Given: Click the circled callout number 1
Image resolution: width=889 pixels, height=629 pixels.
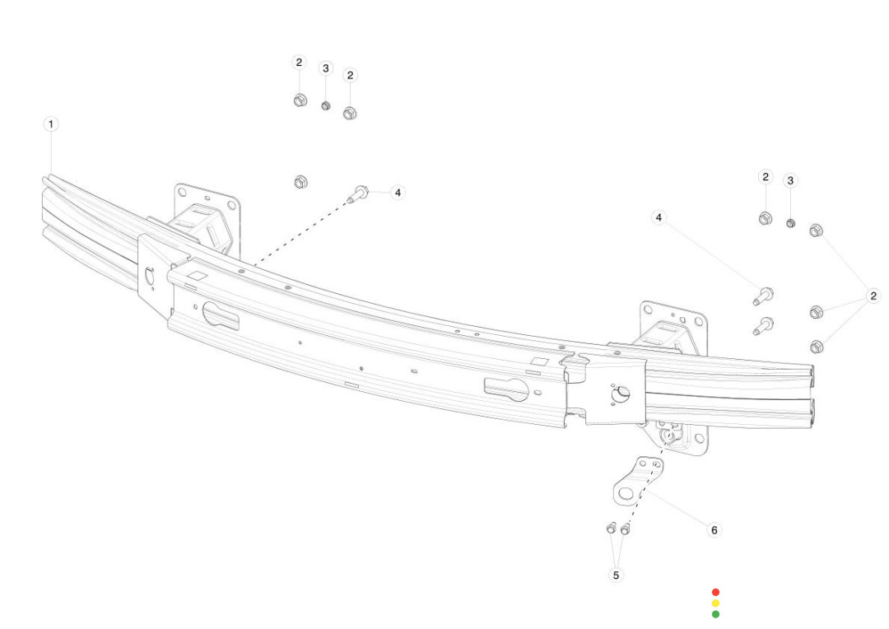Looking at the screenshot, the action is tap(51, 124).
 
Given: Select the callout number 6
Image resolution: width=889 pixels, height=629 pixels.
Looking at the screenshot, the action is tap(714, 529).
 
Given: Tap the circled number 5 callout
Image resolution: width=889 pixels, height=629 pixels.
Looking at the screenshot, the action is tap(617, 575).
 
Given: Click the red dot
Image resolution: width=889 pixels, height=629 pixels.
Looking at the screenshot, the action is tap(715, 592).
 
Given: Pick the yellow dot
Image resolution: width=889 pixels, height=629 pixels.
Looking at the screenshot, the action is tap(715, 603).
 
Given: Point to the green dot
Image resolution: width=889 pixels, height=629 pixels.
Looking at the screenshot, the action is tap(715, 614).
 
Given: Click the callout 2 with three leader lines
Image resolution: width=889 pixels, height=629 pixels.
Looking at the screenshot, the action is tap(873, 296).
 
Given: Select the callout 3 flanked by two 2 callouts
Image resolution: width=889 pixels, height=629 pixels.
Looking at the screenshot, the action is tap(325, 68).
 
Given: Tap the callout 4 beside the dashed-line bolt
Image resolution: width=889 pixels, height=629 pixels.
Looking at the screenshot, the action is tap(398, 193).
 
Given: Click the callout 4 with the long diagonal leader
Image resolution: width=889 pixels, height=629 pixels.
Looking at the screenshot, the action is tap(659, 217).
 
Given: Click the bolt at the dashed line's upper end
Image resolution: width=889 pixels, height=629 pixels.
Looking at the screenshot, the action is tap(358, 194).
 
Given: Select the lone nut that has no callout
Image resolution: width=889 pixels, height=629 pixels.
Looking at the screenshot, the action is tap(301, 182).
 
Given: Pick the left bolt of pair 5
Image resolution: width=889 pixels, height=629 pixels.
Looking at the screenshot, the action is tap(611, 528).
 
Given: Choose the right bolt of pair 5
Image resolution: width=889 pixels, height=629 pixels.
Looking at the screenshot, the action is tap(626, 529).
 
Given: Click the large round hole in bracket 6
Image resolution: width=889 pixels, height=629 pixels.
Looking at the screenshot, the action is tap(626, 493).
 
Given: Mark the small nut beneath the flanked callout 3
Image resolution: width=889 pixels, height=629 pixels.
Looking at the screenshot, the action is tap(325, 105).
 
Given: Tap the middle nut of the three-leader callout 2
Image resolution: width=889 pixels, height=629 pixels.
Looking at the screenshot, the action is tap(817, 311).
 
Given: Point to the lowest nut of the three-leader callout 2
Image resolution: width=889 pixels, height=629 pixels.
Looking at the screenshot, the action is tap(817, 347).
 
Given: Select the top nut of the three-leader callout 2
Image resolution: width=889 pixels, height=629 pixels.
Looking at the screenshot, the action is tap(816, 231).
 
